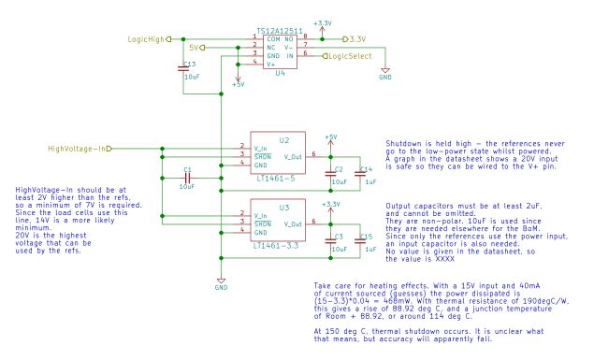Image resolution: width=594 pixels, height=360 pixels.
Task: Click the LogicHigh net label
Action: point(145,40)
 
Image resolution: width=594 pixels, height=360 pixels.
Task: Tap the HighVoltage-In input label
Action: point(77,148)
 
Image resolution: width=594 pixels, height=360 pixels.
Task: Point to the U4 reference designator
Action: point(280,73)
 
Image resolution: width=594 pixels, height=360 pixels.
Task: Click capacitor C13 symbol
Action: point(184,69)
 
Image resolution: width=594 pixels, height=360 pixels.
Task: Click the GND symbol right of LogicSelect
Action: point(384,73)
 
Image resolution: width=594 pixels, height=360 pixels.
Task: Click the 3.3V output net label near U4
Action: point(355,40)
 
